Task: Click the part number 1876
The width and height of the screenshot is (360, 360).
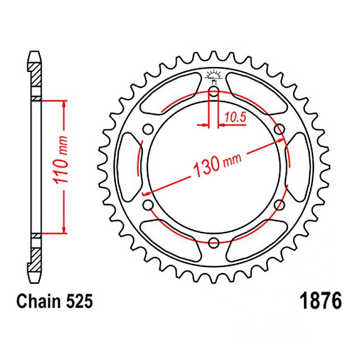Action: pos(321,301)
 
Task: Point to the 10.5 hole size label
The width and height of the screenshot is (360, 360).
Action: pos(235,118)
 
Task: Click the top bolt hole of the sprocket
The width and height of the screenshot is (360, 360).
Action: pos(214,91)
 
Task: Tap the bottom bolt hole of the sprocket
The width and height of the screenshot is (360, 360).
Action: pos(214,242)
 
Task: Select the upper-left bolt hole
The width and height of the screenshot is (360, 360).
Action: pos(148,129)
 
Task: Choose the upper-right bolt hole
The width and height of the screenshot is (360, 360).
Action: pos(280,129)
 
